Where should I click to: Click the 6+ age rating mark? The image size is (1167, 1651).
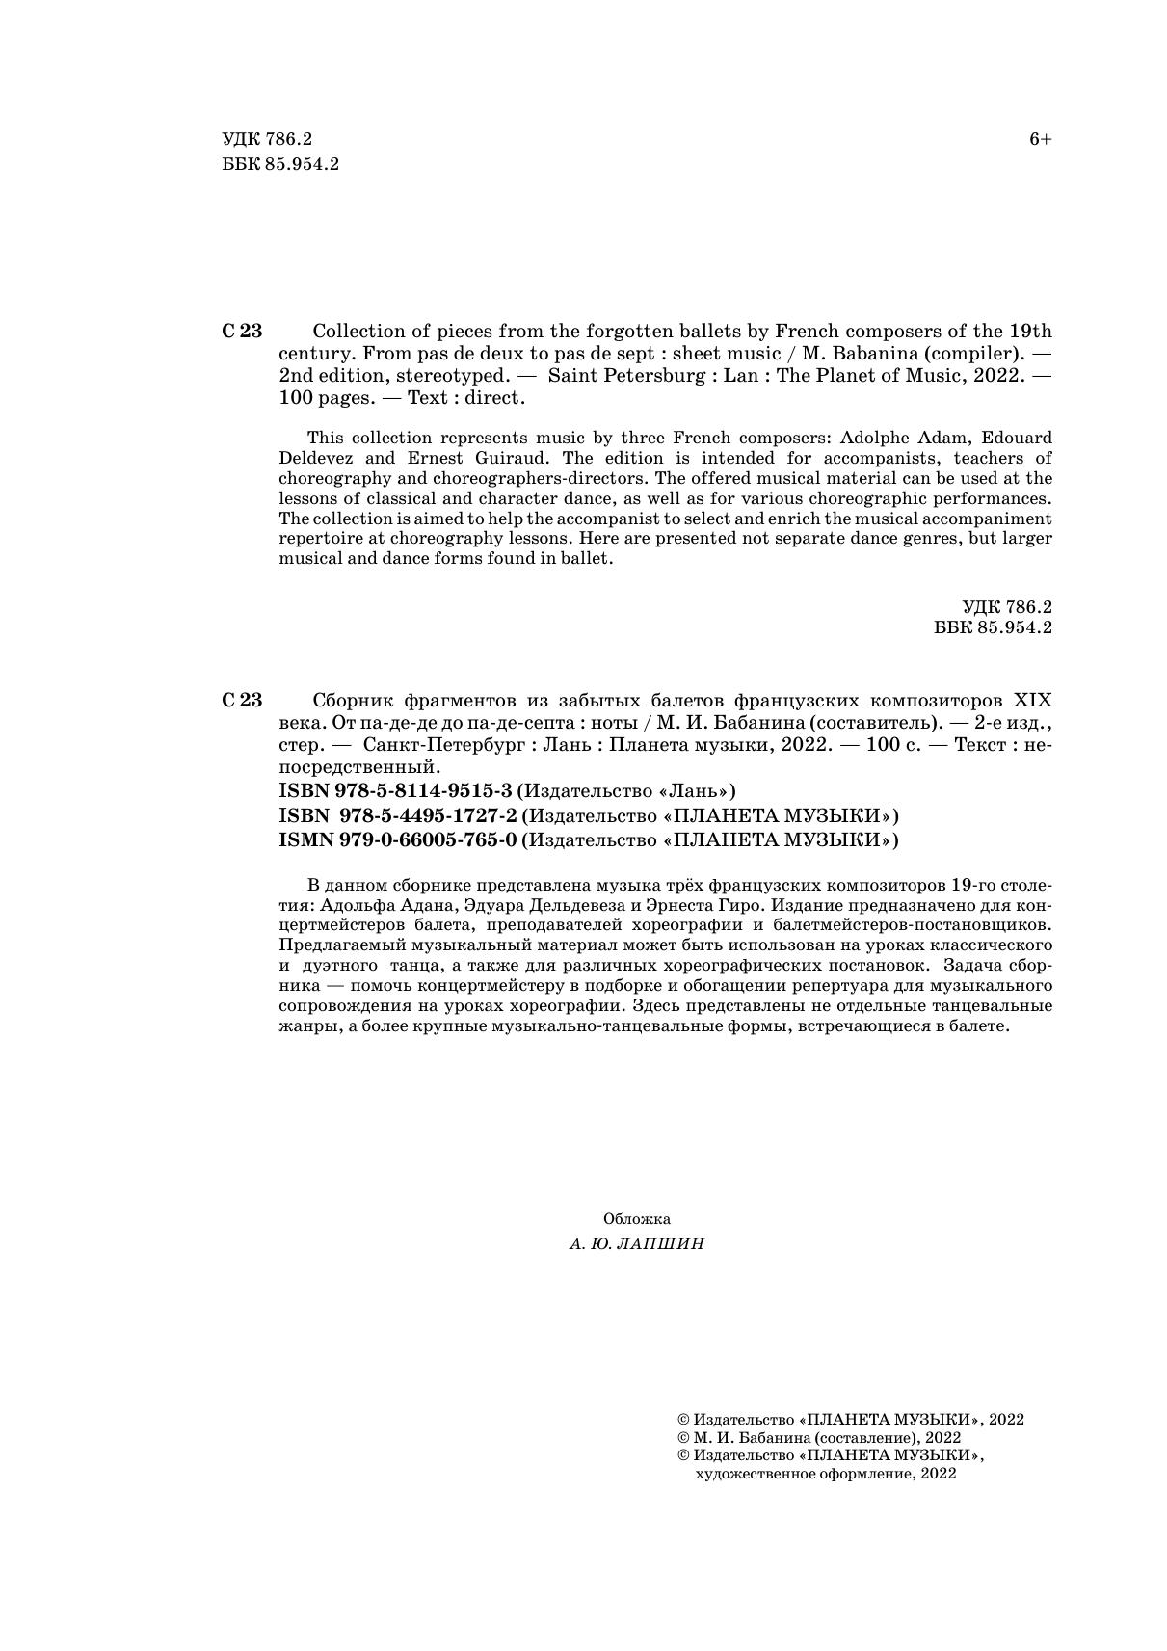(x=1040, y=140)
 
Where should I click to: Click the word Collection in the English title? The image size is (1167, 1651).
(x=359, y=331)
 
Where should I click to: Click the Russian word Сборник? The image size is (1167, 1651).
(x=355, y=701)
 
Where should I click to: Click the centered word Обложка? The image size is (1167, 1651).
(x=637, y=1219)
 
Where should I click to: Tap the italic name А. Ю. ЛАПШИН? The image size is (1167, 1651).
(x=637, y=1244)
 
